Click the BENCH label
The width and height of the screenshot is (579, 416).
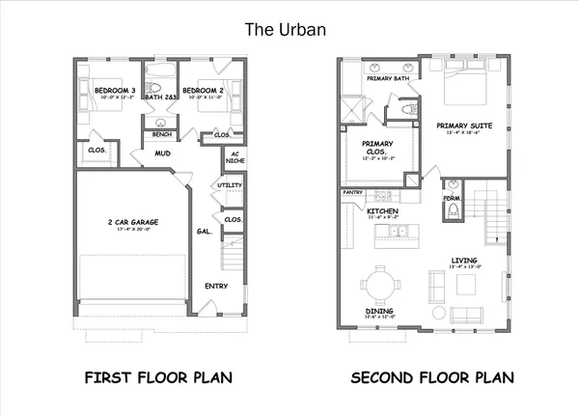click(163, 134)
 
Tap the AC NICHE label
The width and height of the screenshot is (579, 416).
click(232, 157)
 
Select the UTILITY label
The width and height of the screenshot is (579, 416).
click(231, 184)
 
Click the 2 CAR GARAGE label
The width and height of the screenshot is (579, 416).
click(134, 222)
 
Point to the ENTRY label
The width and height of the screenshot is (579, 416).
click(216, 286)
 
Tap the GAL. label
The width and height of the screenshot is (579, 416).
click(205, 232)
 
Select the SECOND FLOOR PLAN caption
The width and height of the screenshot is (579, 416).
click(431, 376)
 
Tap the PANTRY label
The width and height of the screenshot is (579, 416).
click(352, 193)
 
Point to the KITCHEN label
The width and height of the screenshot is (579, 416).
click(383, 210)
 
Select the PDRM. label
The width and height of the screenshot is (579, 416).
click(452, 199)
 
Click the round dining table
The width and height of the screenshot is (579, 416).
click(378, 287)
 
